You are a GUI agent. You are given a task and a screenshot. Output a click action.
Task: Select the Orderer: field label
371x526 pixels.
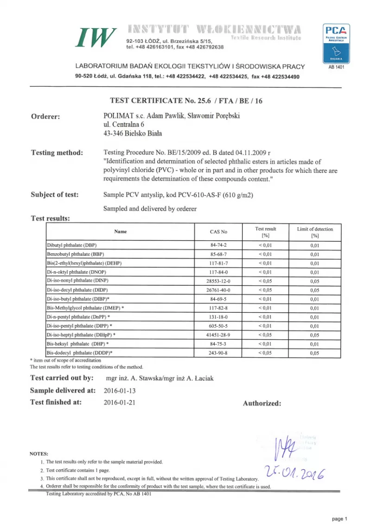coord(45,117)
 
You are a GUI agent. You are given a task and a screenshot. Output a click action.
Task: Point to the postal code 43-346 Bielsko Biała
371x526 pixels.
coord(133,134)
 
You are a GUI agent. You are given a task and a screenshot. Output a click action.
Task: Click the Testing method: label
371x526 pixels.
coord(57,153)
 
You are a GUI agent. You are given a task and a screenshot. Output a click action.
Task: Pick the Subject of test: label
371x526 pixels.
coord(54,195)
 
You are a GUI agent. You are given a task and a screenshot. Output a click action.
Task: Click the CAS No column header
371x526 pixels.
coord(218,232)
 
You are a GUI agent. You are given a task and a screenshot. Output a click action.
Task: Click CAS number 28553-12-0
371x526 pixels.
coord(218,281)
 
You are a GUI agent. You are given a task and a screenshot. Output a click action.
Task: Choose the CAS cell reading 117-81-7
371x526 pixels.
coord(218,263)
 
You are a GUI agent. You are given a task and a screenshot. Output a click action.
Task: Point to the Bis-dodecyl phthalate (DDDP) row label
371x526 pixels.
coord(80,353)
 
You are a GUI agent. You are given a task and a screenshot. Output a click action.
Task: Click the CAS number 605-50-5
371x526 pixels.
coord(218,326)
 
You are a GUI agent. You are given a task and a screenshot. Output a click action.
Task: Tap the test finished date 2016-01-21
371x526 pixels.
coord(120,402)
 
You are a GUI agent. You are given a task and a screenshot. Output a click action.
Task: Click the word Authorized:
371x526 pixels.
coord(262,403)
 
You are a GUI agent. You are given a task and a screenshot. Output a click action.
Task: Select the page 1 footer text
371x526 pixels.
coord(339,518)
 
